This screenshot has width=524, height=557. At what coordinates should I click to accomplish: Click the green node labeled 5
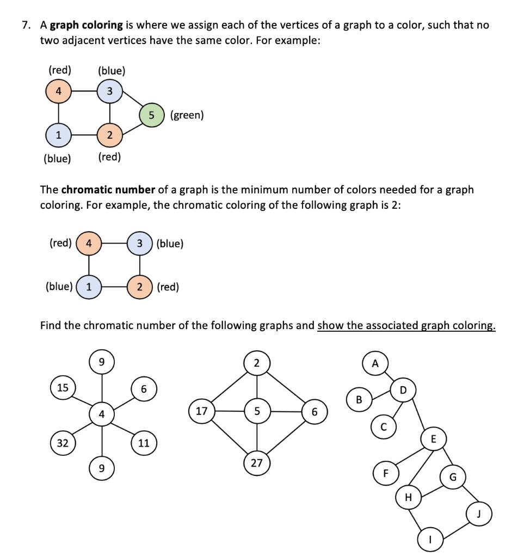tap(152, 115)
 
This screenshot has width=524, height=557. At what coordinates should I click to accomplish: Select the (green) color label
tap(187, 115)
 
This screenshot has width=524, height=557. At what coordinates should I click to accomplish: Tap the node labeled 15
tap(63, 388)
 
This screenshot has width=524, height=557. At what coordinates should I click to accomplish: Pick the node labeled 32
tap(63, 443)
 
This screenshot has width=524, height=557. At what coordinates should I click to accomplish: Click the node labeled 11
tap(143, 443)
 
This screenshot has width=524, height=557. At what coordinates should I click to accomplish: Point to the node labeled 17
tap(201, 411)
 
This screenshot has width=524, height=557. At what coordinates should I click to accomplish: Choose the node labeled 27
tap(256, 463)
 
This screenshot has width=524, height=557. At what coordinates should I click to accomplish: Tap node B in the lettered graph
tap(359, 400)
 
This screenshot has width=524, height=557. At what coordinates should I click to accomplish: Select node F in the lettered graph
tap(385, 473)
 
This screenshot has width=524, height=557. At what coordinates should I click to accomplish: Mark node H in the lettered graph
tap(409, 497)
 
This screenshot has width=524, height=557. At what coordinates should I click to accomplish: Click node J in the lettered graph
tap(480, 513)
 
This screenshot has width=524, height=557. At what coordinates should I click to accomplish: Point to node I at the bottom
tap(430, 540)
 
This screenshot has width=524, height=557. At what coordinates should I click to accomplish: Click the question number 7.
tap(25, 26)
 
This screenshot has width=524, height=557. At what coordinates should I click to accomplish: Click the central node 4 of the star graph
tap(102, 414)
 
